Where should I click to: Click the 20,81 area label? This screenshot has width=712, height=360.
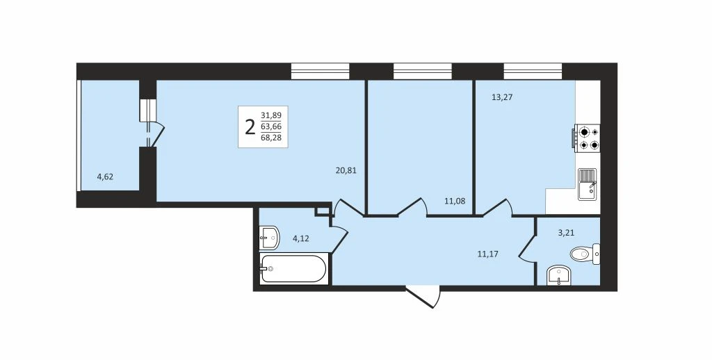[x=346, y=171]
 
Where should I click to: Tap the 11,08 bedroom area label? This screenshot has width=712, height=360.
[x=455, y=201]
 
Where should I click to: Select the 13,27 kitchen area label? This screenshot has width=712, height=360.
[x=502, y=97]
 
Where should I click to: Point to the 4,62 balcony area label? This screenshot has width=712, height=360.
[x=106, y=177]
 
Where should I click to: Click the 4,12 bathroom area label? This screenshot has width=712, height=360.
[x=300, y=238]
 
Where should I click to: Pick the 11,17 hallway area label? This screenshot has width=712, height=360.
[x=487, y=254]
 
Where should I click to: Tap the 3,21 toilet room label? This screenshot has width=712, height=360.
[x=566, y=234]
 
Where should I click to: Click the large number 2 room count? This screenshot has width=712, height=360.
[x=250, y=127]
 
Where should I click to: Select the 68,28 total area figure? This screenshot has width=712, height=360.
[x=270, y=138]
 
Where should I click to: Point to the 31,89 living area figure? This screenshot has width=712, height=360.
[x=270, y=116]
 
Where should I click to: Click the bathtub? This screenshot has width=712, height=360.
[x=293, y=268]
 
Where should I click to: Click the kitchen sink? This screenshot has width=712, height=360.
[x=588, y=184]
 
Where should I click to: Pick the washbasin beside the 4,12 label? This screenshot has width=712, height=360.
[x=270, y=238]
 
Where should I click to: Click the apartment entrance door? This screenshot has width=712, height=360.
[x=423, y=296]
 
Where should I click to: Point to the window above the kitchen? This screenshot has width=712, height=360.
[x=533, y=72]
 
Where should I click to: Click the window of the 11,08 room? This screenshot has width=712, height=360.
[x=423, y=72]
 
